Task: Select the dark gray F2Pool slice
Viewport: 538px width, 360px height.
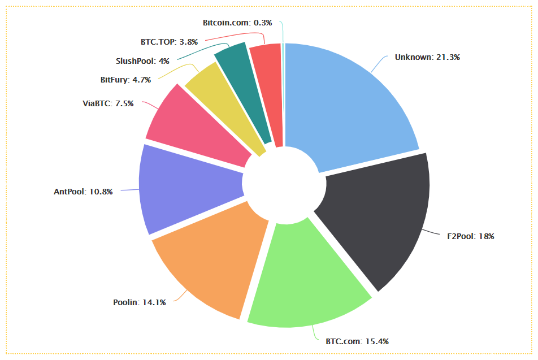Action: point(379,220)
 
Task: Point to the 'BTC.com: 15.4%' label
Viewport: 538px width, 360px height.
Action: point(357,341)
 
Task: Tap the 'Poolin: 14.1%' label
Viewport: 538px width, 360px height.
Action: point(140,302)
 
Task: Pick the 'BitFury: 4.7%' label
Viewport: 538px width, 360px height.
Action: point(125,80)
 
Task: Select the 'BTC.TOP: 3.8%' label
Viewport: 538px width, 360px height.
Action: point(169,41)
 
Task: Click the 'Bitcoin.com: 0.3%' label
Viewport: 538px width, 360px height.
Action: point(237,23)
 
